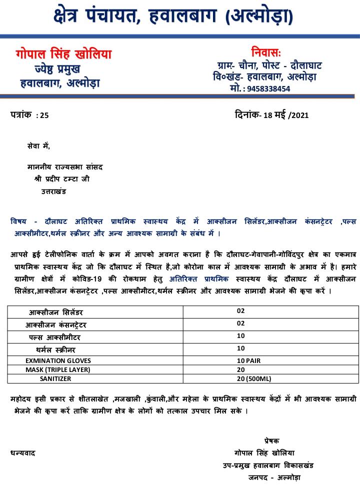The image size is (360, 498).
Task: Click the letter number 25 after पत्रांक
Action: (44, 115)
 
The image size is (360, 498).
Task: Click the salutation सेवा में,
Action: (38, 146)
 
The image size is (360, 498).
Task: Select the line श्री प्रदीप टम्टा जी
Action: (62, 178)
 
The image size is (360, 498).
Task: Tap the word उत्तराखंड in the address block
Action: (53, 191)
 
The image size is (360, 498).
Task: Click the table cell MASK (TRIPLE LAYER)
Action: (57, 369)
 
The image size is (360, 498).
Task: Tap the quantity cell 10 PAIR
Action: (249, 360)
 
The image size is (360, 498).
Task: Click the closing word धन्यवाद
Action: (23, 453)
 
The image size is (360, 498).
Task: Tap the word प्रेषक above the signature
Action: (272, 440)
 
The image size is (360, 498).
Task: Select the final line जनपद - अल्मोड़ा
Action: (274, 477)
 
